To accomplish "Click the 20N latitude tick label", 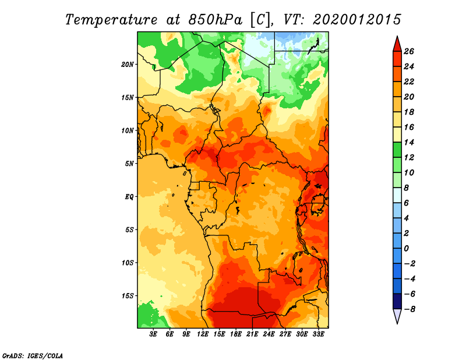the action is point(128,65).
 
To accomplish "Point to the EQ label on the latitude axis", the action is point(129,197).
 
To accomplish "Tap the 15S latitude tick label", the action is point(128,296).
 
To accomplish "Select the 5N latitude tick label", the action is point(129,164).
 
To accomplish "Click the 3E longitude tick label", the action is point(153,334).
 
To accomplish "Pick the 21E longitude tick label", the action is point(252,334).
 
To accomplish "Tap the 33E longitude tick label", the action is point(318,334).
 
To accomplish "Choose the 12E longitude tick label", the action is point(202,334).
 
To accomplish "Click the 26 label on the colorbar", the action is point(409,52).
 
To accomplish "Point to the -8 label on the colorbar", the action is point(409,309).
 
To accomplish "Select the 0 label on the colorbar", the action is point(406,249).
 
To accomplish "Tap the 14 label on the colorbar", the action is point(409,143).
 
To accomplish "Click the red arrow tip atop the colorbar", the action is point(397,37).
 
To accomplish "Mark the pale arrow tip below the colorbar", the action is point(397,323).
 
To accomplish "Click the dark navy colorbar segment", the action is point(397,301).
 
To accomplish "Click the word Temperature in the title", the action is point(111,20).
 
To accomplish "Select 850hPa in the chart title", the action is point(215,20).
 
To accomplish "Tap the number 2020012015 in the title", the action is point(357,20).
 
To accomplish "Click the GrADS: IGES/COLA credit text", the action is point(33,356).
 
